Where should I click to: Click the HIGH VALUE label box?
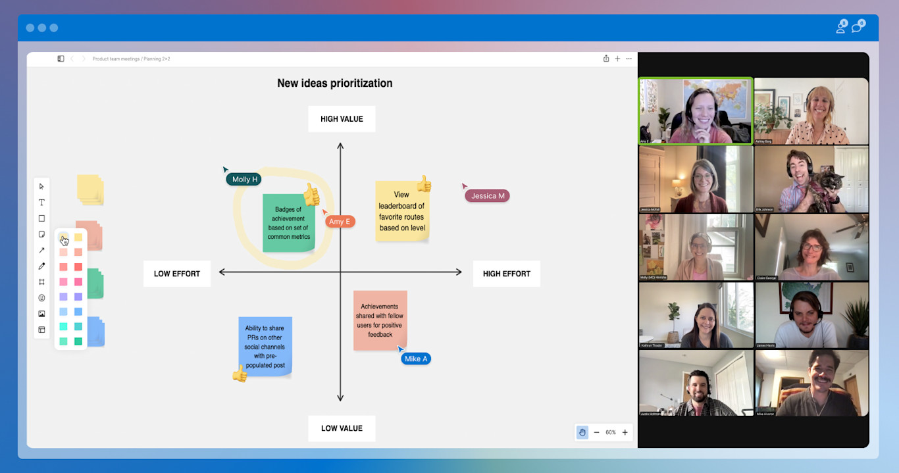(342, 119)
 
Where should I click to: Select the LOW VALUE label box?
(342, 428)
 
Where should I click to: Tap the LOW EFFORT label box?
(177, 274)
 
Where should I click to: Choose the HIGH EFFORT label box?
(506, 274)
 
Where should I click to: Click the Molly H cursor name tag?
(245, 179)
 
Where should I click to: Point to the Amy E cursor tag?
(340, 221)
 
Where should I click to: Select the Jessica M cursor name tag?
(488, 195)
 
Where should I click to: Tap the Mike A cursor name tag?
(416, 359)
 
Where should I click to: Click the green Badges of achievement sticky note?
(288, 223)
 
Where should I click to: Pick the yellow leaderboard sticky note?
(402, 211)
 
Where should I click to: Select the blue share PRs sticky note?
(265, 346)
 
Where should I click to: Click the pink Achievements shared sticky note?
(380, 320)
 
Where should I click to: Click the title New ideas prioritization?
(334, 83)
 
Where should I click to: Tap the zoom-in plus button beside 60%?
(625, 432)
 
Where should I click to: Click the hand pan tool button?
(582, 432)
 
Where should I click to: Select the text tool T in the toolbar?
(41, 203)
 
